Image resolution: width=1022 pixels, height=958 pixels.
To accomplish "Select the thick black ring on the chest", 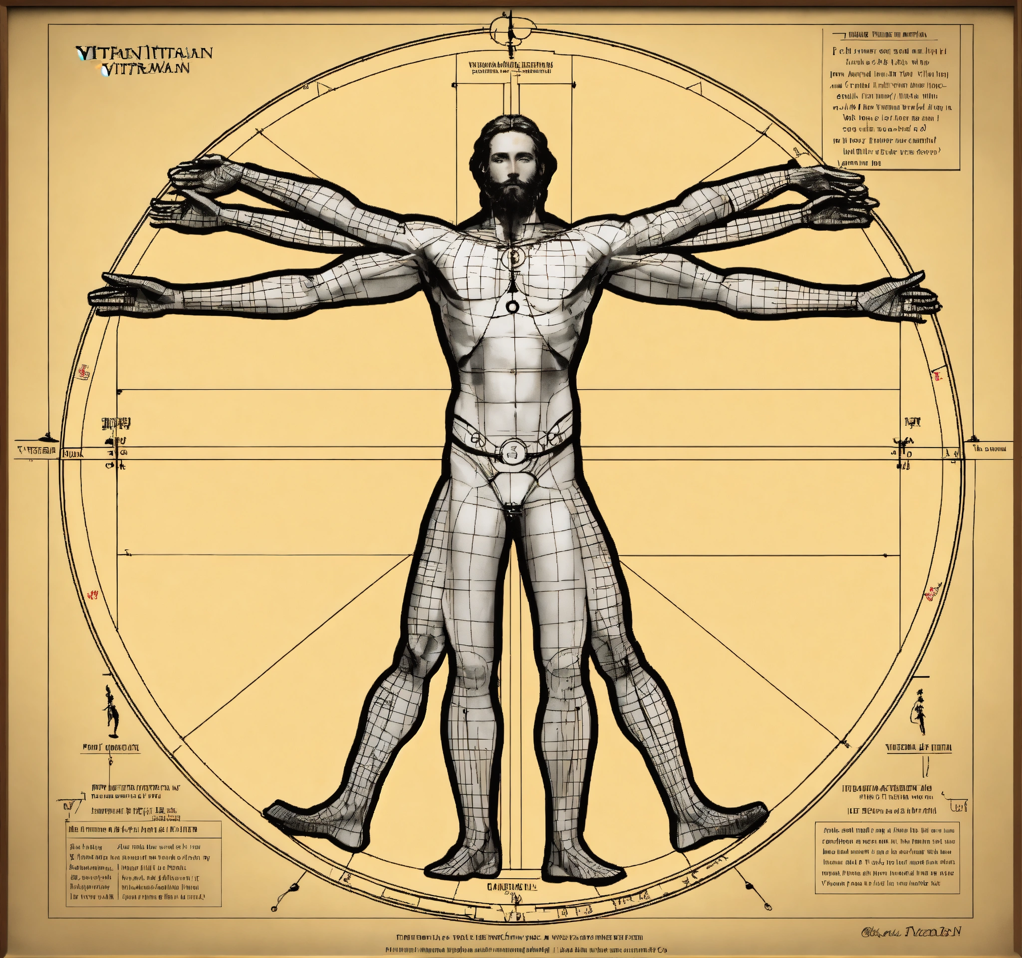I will click(x=512, y=307).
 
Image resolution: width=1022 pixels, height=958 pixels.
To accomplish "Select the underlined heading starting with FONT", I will click(x=110, y=748).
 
